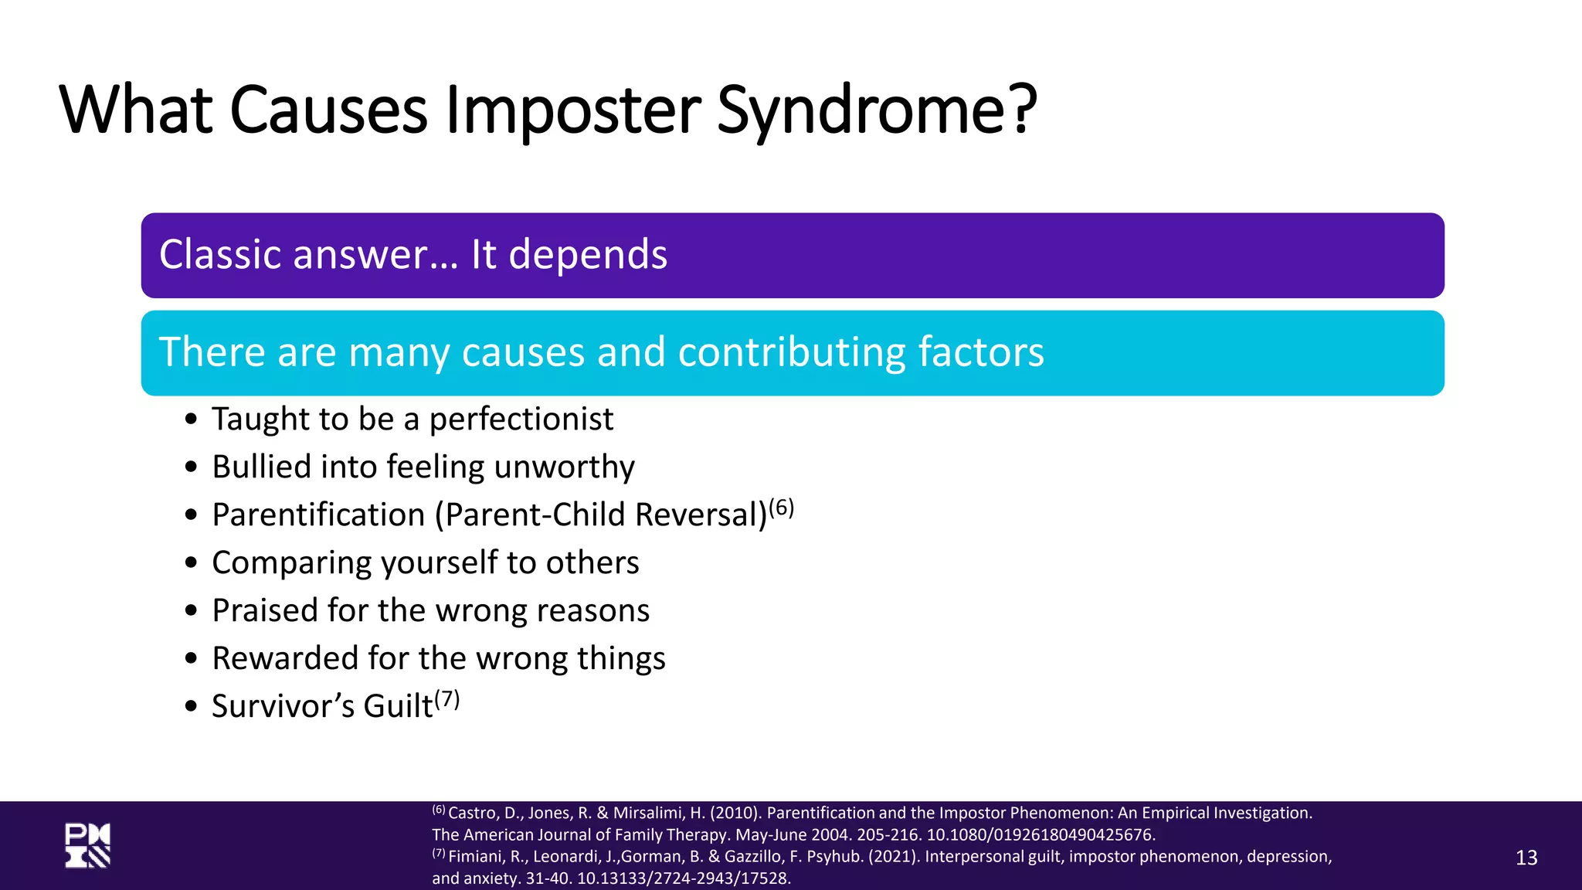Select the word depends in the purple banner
click(x=588, y=254)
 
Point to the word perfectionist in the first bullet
click(x=521, y=420)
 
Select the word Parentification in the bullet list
click(x=318, y=515)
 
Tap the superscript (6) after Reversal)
click(x=781, y=508)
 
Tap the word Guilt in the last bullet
click(x=398, y=706)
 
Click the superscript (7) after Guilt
click(x=446, y=699)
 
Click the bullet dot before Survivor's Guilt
click(x=192, y=706)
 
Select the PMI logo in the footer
click(x=87, y=846)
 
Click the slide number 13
click(x=1526, y=858)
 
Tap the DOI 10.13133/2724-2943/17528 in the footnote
click(x=684, y=878)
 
